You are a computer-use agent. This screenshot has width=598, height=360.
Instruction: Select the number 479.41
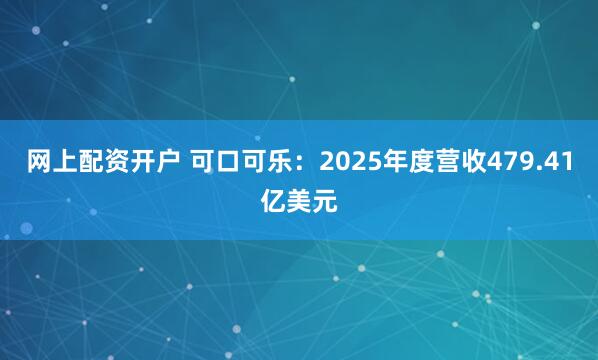pyautogui.click(x=522, y=163)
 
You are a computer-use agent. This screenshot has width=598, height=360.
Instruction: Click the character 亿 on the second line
pyautogui.click(x=273, y=201)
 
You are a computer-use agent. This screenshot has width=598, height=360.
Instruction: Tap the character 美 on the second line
pyautogui.click(x=299, y=201)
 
